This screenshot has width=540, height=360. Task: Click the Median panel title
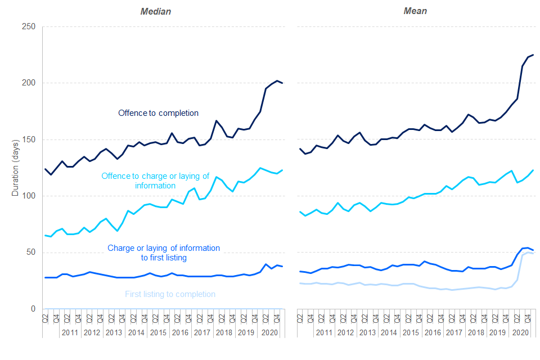(x=155, y=11)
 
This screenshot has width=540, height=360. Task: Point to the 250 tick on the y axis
(x=29, y=27)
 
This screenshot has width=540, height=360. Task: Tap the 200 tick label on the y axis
(x=29, y=83)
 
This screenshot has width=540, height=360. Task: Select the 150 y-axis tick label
(x=29, y=139)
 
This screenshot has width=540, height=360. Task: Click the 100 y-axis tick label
(x=29, y=196)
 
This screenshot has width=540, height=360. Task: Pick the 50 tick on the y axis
(x=31, y=252)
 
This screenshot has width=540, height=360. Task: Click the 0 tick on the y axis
(x=33, y=309)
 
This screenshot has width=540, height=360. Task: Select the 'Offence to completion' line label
(x=158, y=113)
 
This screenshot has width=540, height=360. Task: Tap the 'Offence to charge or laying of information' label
(x=155, y=181)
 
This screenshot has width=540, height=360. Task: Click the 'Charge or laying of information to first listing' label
(x=164, y=253)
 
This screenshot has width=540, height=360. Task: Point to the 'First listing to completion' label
(x=170, y=294)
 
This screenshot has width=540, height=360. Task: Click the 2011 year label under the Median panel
(x=70, y=332)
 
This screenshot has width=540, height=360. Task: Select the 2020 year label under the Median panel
(x=267, y=332)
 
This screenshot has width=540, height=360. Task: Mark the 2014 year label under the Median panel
(x=136, y=332)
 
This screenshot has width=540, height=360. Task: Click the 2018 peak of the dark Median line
(x=216, y=121)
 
